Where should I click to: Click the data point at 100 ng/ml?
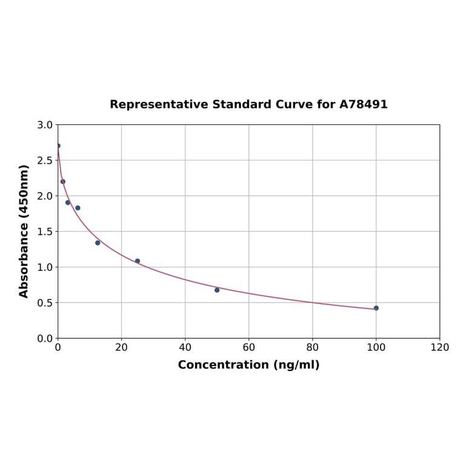(376, 308)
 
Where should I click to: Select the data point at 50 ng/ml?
(217, 290)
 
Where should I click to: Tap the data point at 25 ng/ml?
(138, 261)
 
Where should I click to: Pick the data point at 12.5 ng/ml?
(98, 242)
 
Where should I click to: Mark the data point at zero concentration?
(58, 146)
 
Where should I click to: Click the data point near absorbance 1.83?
(78, 208)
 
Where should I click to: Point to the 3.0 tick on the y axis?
(45, 125)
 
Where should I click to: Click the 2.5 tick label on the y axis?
(45, 161)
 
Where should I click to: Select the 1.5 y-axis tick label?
(45, 232)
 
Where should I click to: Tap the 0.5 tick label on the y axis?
(45, 303)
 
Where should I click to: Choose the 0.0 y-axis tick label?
(45, 338)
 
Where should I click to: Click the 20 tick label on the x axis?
(121, 347)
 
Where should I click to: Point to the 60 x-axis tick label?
(248, 347)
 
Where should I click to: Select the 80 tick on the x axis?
(312, 347)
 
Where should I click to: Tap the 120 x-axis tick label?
(439, 347)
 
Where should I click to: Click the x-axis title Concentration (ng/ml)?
(248, 365)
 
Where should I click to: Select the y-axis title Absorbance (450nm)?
(24, 231)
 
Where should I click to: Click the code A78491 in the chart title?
(363, 104)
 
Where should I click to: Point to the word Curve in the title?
(295, 104)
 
